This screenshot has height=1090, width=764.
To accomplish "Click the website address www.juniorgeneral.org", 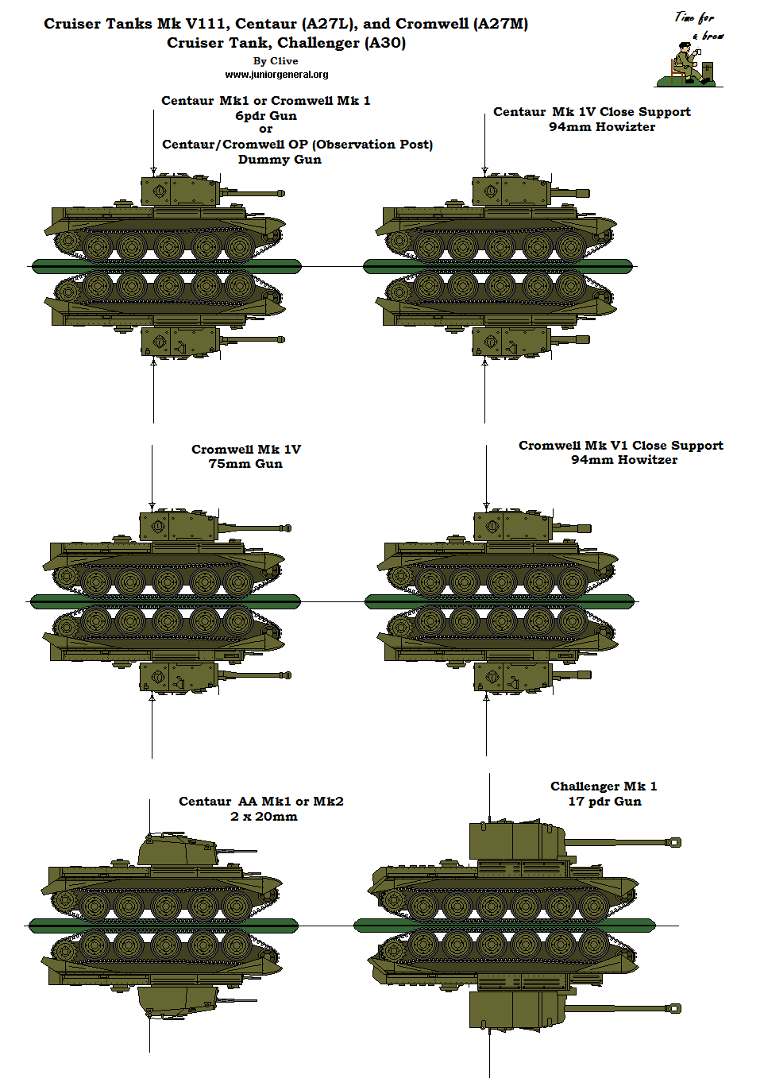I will (x=276, y=75).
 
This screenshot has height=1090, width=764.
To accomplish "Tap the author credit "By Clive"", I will (x=276, y=61).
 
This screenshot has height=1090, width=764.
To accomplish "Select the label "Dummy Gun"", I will (x=280, y=160).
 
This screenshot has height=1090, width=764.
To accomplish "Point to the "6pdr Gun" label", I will (x=266, y=116).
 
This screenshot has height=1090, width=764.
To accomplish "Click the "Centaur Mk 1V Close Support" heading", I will (x=592, y=112).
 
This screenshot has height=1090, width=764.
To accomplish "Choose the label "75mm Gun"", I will (x=245, y=464).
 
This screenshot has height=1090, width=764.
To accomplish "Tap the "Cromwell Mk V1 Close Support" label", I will (x=620, y=446).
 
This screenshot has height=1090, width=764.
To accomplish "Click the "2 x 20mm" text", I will (x=264, y=817).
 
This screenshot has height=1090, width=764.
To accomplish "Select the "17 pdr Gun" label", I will (x=604, y=802).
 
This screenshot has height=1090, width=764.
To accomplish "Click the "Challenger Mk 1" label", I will (x=604, y=787).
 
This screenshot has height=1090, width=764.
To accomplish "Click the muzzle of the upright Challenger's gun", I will (x=675, y=842).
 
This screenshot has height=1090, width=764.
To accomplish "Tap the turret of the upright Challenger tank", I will (x=516, y=841).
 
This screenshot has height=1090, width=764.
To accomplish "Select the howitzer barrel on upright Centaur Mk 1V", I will (x=572, y=193).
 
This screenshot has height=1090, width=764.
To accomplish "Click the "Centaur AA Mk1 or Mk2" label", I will (x=260, y=802).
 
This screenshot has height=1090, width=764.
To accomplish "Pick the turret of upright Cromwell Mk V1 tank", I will (x=512, y=526).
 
